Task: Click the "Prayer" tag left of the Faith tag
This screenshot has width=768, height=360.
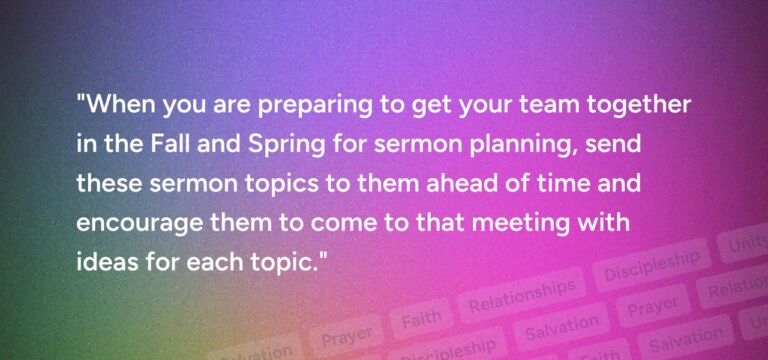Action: pyautogui.click(x=347, y=333)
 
